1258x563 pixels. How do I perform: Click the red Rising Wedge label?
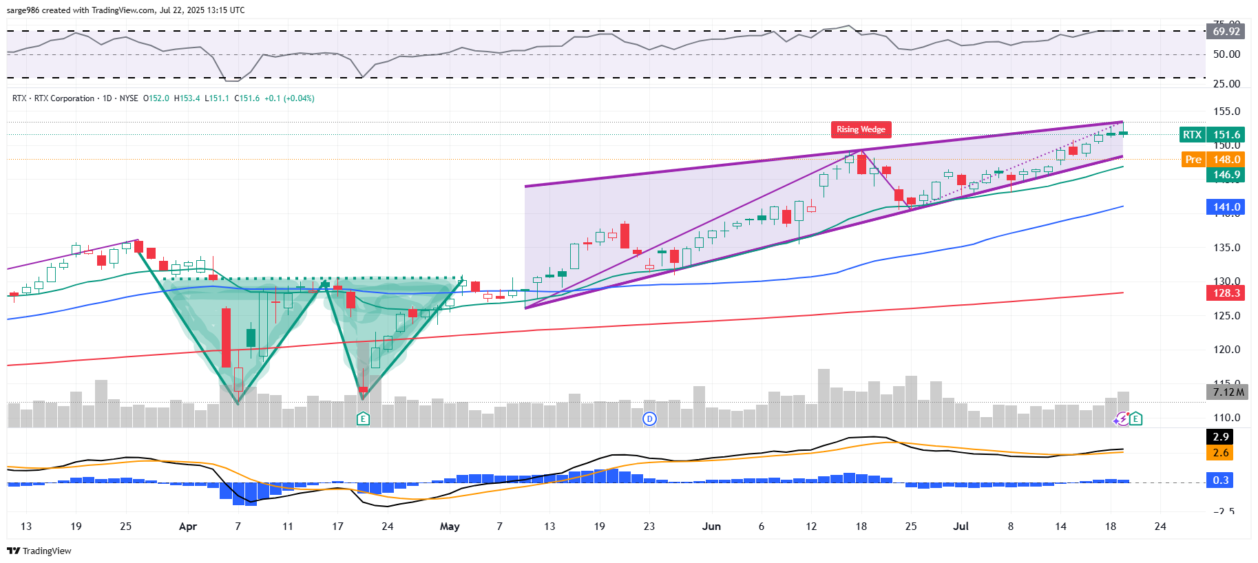(x=861, y=129)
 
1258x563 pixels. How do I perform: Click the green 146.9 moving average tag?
(x=1226, y=175)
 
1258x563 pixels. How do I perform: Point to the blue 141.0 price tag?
(x=1226, y=207)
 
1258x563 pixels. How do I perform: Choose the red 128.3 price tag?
(x=1226, y=293)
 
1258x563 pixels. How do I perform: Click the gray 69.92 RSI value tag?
(x=1226, y=32)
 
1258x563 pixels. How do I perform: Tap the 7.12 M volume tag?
(x=1228, y=392)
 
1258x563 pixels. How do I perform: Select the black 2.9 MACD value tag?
(x=1220, y=437)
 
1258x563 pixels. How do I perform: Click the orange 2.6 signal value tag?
(x=1220, y=453)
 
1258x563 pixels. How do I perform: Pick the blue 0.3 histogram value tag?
(x=1220, y=480)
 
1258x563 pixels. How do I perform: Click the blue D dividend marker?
(x=649, y=418)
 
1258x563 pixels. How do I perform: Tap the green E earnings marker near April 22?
(x=363, y=418)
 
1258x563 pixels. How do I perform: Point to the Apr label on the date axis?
(x=188, y=527)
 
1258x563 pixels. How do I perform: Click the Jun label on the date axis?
(x=711, y=527)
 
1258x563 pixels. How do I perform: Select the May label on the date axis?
(x=450, y=527)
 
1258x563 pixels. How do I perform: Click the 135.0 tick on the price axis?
(x=1226, y=248)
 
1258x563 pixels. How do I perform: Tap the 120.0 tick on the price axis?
(x=1226, y=350)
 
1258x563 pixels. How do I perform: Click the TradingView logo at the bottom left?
(x=39, y=551)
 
